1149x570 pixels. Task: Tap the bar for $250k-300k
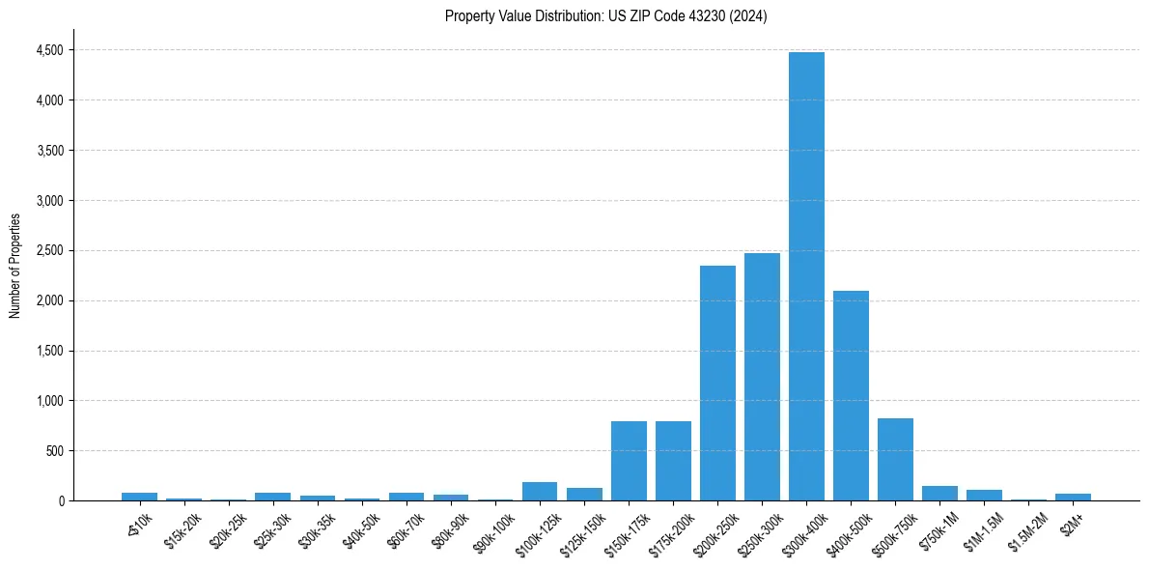[762, 377]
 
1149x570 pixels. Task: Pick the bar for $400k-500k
[851, 396]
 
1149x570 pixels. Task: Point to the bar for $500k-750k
[895, 460]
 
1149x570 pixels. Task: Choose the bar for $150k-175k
[629, 461]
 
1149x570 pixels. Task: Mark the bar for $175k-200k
[673, 461]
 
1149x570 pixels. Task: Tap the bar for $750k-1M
[939, 494]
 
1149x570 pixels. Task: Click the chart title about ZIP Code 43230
[605, 16]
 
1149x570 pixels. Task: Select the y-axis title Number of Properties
[14, 266]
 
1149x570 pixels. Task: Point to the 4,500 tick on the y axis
[48, 50]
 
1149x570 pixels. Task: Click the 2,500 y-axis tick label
[48, 250]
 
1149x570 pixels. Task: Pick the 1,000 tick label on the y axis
[48, 401]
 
